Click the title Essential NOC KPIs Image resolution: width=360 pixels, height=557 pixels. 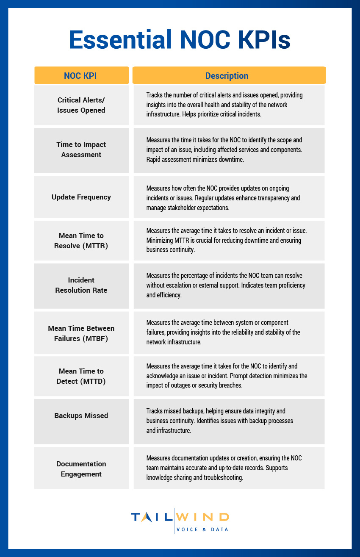pos(180,40)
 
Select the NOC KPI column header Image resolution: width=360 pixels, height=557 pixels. pos(81,76)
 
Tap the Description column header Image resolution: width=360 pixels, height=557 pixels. pos(229,76)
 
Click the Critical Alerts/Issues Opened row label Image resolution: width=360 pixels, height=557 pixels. pos(81,105)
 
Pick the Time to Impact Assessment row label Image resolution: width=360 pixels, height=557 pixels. pos(81,150)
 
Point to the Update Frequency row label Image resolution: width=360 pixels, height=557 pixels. pos(81,197)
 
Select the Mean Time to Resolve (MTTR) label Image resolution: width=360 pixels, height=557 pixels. pos(81,240)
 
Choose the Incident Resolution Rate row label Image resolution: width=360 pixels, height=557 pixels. pos(81,285)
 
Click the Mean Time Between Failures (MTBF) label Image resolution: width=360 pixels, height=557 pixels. pos(81,333)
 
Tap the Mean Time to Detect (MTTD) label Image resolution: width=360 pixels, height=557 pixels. pos(81,376)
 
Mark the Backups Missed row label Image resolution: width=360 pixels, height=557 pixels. pos(81,416)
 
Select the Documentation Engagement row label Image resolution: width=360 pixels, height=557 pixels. pos(81,469)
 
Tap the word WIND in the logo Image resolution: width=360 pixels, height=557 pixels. pos(202,517)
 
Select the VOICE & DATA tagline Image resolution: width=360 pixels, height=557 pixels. pos(202,529)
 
